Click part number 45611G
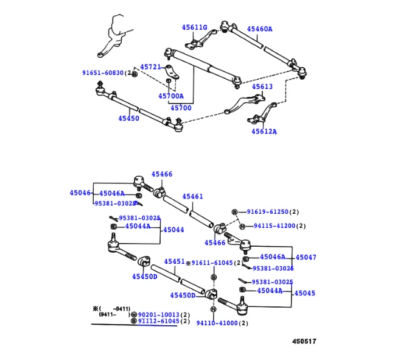pos(194,27)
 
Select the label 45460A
pos(259,29)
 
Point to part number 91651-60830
pos(103,73)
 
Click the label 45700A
pos(170,96)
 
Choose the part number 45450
pos(128,119)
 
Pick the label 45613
pos(262,86)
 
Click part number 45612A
pos(264,131)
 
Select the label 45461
pos(192,197)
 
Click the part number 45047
pos(306,258)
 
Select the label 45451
pos(174,261)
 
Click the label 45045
pos(306,293)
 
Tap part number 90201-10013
pos(159,314)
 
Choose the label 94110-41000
pos(217,323)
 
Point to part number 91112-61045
pos(159,321)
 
